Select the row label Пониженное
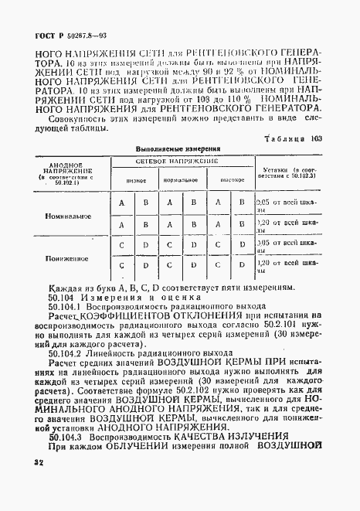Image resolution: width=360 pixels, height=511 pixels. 72,258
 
